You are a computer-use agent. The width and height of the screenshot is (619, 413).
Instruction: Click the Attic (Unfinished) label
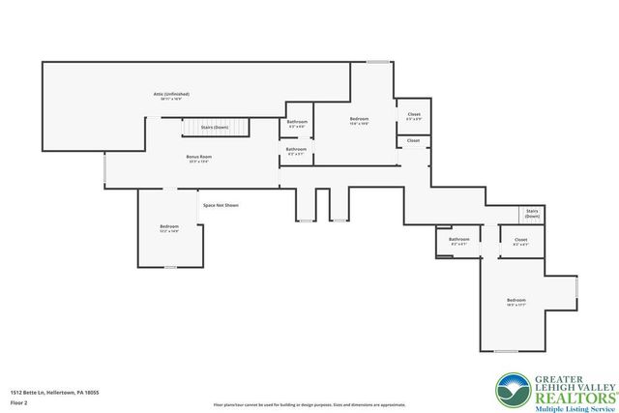(171, 94)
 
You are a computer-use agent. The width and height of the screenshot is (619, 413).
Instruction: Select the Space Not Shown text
(221, 205)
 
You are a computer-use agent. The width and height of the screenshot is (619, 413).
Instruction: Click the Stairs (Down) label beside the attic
(214, 127)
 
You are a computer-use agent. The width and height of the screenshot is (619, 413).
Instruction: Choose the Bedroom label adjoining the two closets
(360, 119)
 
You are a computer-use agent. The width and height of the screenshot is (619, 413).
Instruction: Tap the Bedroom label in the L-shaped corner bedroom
(516, 301)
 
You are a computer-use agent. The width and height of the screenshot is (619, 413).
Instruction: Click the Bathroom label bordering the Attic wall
(297, 122)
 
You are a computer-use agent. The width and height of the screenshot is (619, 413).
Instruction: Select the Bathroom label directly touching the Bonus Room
(296, 149)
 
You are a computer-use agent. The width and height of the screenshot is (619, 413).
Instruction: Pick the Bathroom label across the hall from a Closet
(459, 239)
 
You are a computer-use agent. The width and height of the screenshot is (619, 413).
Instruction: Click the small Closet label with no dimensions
(413, 140)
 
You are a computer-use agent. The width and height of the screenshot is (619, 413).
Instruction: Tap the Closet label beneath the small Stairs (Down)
(520, 240)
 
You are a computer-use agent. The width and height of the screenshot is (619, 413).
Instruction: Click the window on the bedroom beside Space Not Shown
(170, 266)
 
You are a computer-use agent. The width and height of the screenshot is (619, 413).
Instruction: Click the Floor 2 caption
(18, 403)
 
